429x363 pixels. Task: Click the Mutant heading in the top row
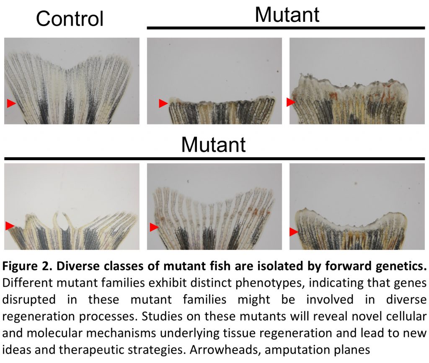click(287, 15)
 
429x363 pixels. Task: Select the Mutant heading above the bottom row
click(213, 144)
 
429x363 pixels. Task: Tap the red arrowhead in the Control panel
click(11, 103)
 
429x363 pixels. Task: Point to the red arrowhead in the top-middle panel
click(163, 103)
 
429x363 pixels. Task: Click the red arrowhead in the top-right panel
click(291, 102)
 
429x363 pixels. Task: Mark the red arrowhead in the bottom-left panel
click(10, 226)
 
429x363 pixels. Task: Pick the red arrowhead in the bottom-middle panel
click(154, 227)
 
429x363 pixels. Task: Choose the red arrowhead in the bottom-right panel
click(294, 232)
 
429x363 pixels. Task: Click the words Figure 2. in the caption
click(27, 266)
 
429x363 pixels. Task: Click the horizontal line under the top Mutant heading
click(286, 28)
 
